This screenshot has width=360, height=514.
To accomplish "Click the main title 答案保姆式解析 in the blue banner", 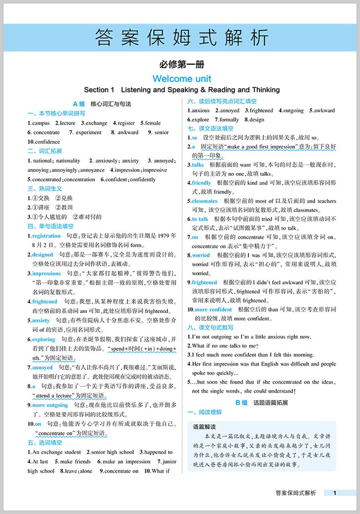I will (x=182, y=38).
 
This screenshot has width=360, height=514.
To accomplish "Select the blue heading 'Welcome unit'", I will (x=182, y=78).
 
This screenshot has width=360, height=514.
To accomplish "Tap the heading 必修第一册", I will (x=182, y=65).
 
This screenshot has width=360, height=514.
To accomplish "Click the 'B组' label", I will (x=242, y=403).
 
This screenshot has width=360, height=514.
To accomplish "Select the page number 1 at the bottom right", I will (x=335, y=493).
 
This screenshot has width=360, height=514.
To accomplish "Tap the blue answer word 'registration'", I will (x=46, y=236).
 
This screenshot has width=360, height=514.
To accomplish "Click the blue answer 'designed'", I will (x=42, y=255).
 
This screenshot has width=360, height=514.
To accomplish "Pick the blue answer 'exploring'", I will (x=44, y=339).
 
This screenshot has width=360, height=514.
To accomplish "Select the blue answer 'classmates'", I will (x=205, y=201).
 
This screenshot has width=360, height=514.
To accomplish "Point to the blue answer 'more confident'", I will (x=214, y=310).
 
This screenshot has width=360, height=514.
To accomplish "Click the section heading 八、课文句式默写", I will (x=210, y=328).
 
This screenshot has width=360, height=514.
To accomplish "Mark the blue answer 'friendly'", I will (x=201, y=183).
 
